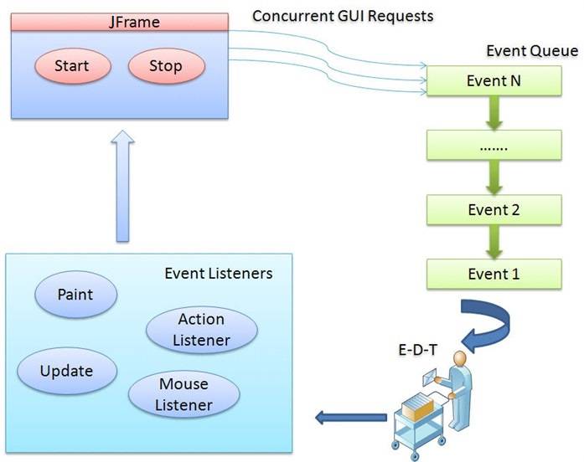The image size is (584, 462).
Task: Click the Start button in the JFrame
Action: (x=71, y=66)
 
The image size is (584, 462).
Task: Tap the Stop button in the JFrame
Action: (x=166, y=66)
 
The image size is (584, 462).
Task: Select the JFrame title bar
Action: (x=120, y=22)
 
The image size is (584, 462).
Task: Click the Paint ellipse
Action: (x=75, y=295)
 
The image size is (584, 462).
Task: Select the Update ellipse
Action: (x=67, y=370)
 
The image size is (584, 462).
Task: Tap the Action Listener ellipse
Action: (x=201, y=330)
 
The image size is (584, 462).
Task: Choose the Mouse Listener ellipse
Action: (x=183, y=395)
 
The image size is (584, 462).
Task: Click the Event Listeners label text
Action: (x=218, y=274)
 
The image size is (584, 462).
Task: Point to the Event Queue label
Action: (x=532, y=51)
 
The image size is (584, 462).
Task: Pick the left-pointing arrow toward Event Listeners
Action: (x=345, y=416)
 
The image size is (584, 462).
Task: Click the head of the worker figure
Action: (x=458, y=358)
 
